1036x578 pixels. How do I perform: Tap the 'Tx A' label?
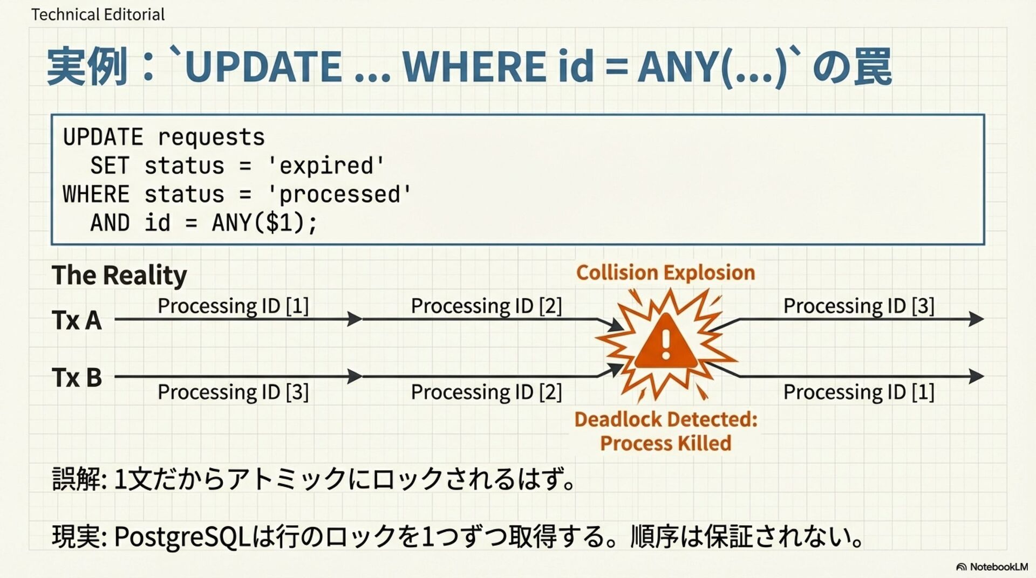click(x=77, y=320)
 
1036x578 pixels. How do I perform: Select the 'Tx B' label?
click(x=77, y=377)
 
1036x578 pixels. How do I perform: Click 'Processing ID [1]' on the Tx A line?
click(x=233, y=306)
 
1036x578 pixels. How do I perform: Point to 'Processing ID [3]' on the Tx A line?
click(x=858, y=306)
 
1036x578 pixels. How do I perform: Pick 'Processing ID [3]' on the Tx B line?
click(x=233, y=392)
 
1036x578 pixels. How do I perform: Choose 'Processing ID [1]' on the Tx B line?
click(x=858, y=392)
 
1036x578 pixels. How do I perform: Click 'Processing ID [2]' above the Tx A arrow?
click(x=486, y=306)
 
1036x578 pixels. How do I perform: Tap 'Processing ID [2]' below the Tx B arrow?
click(x=486, y=392)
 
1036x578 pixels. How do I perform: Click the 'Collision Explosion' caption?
click(x=665, y=273)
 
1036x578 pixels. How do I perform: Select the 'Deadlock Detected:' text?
click(x=666, y=419)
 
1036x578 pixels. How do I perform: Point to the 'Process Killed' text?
click(x=666, y=443)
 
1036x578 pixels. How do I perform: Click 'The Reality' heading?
click(x=119, y=275)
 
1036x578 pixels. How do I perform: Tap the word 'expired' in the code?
click(x=326, y=166)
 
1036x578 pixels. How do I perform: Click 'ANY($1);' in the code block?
click(x=264, y=223)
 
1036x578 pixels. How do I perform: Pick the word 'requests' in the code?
click(x=211, y=137)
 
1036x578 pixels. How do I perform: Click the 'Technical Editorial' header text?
click(x=98, y=15)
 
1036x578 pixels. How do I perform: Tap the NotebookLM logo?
click(x=992, y=567)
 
